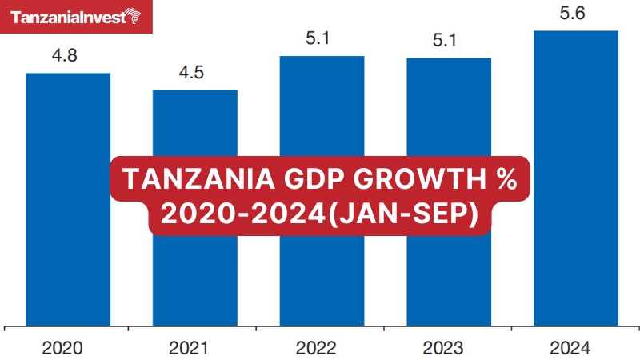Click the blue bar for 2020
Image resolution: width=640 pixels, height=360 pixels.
point(68,256)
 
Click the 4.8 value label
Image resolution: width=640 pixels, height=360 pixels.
point(68,56)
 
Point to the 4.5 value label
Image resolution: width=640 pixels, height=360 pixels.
point(195,73)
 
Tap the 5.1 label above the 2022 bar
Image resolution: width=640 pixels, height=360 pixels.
point(322,39)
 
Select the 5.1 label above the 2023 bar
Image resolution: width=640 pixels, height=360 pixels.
point(449,41)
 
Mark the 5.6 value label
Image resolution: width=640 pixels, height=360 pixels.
point(576,14)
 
